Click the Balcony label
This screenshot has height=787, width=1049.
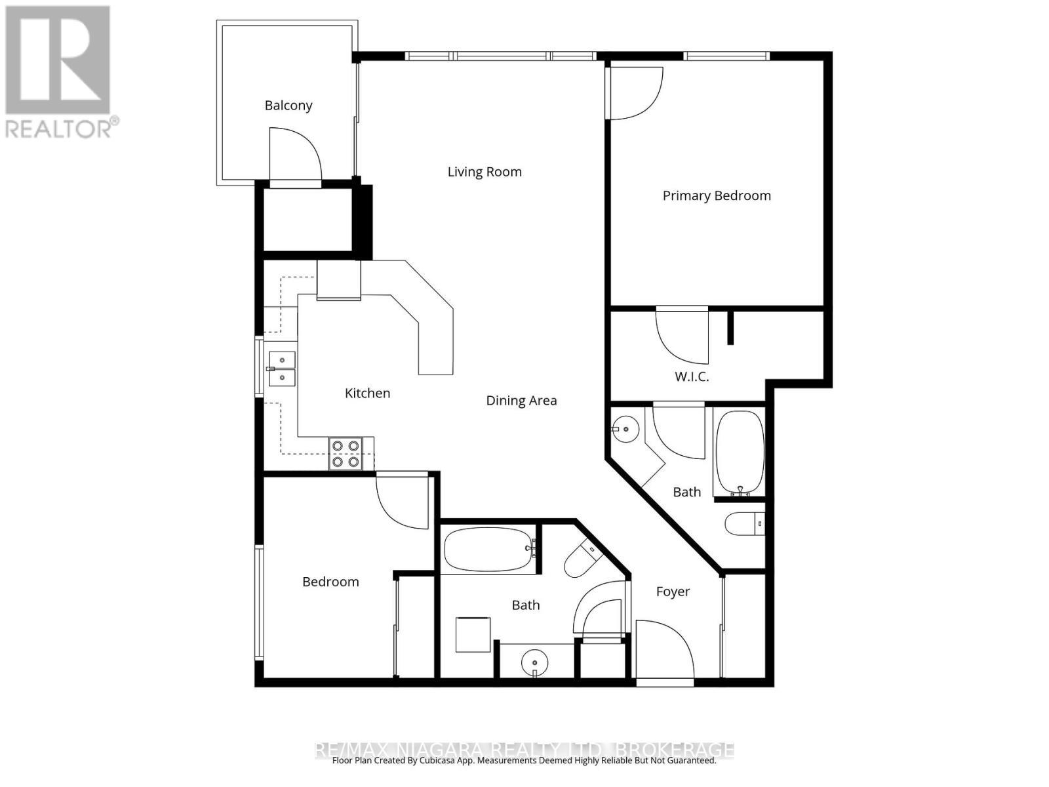[x=288, y=106]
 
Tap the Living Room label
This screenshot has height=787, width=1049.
[x=485, y=172]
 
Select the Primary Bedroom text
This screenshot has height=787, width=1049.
[x=716, y=195]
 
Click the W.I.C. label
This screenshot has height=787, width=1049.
[x=692, y=377]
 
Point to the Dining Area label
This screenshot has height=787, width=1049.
[x=521, y=401]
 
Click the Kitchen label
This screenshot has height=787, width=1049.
[x=367, y=393]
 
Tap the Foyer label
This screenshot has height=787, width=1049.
[x=673, y=592]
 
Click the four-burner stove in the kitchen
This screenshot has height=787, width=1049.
[x=346, y=453]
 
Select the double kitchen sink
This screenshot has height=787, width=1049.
[x=281, y=369]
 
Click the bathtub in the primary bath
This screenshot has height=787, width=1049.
[x=740, y=453]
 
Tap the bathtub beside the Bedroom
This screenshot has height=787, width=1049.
[x=488, y=550]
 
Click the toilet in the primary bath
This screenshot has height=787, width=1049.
[x=744, y=524]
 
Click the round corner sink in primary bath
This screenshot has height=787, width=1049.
[x=625, y=430]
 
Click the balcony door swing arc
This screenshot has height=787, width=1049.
[x=295, y=152]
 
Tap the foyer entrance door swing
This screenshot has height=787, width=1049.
[x=663, y=649]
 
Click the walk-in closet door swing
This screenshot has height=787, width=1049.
[x=682, y=336]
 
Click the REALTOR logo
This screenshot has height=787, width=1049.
[x=58, y=72]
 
